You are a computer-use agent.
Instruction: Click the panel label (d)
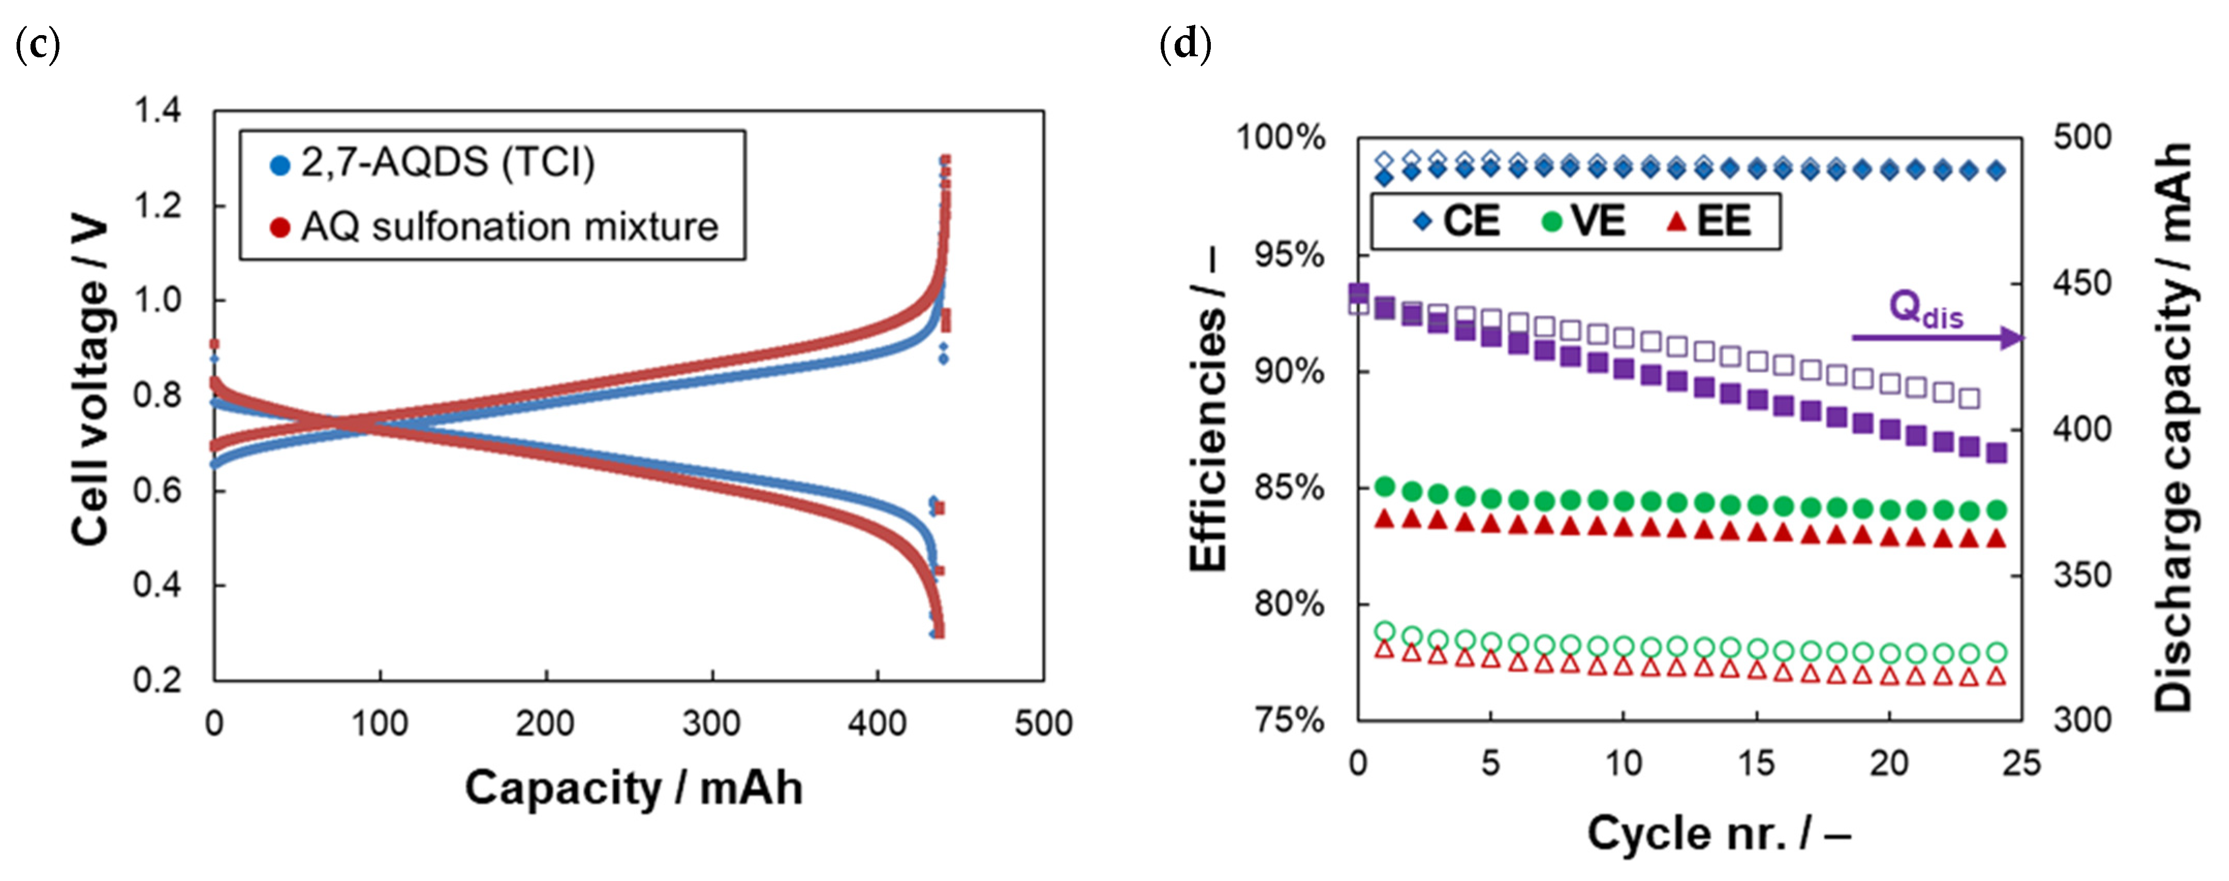coord(1184,44)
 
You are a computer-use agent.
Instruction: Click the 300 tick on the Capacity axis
coord(711,722)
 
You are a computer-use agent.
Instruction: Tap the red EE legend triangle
coord(1677,222)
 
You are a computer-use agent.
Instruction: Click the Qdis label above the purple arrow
coord(1925,308)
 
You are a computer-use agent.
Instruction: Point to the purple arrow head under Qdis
coord(2015,338)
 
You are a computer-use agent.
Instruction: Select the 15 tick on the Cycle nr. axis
coord(1756,763)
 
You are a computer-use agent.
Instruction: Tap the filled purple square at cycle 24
coord(1996,452)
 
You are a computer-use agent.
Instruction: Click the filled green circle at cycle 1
coord(1384,486)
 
